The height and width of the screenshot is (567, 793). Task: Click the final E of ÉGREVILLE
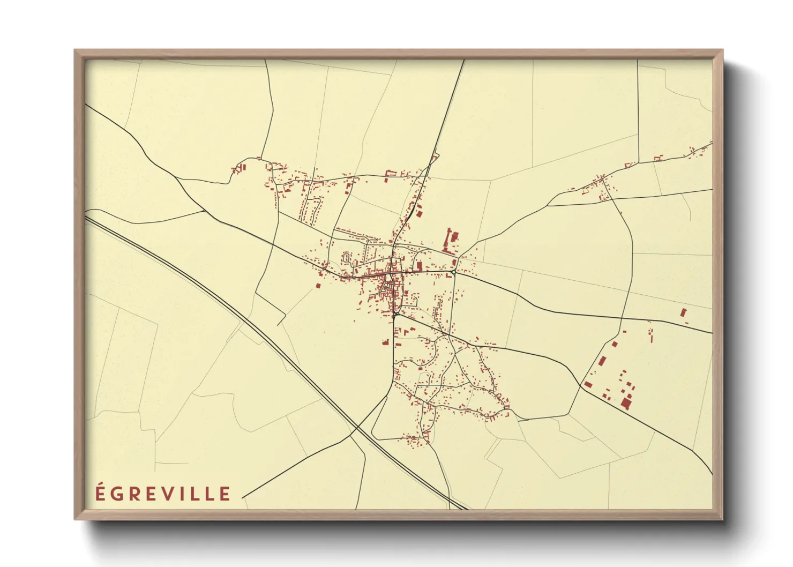click(225, 494)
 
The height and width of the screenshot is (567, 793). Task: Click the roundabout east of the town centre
click(453, 272)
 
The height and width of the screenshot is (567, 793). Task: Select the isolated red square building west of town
click(318, 286)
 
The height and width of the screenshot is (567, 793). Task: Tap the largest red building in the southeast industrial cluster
click(626, 403)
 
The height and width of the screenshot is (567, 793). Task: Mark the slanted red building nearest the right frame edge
click(683, 312)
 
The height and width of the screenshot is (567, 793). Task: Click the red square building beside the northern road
click(419, 213)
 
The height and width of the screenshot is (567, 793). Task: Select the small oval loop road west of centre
click(346, 258)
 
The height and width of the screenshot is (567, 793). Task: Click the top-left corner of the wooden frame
click(75, 50)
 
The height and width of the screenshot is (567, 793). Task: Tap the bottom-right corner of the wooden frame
click(722, 519)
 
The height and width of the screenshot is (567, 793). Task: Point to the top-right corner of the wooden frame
click(722, 50)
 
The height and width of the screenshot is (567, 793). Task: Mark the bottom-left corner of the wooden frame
click(75, 519)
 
